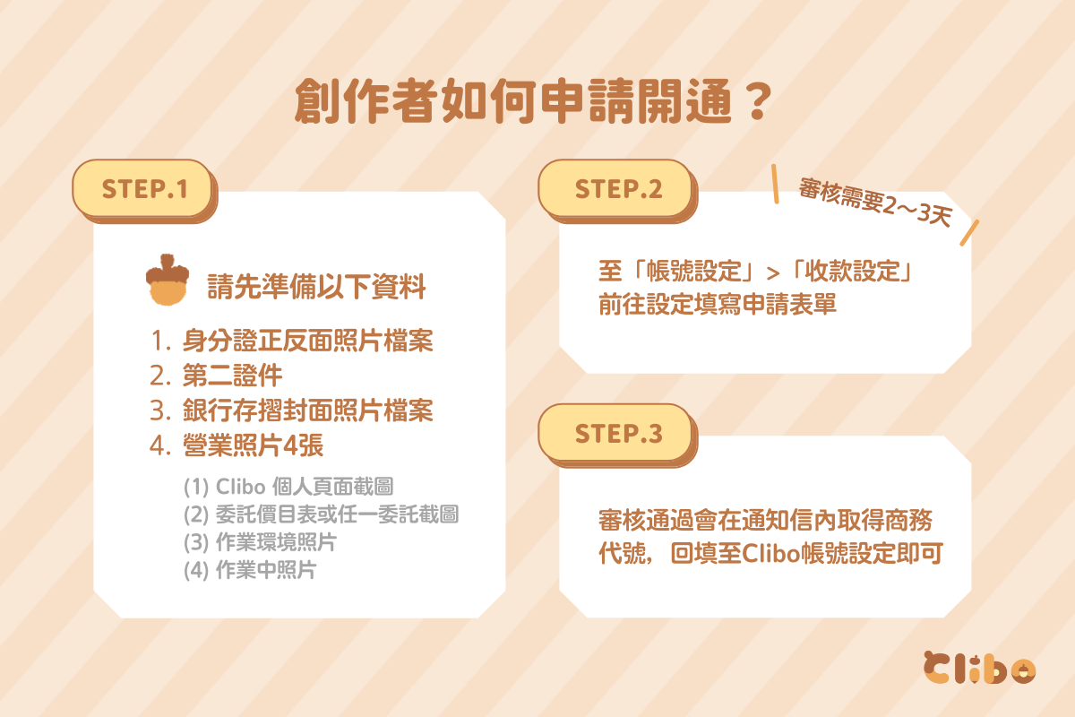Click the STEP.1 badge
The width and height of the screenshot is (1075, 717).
[x=144, y=191]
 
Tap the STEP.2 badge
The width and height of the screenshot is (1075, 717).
[x=617, y=191]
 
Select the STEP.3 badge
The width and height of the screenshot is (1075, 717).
[x=617, y=435]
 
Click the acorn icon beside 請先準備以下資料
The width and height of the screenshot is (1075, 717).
[x=167, y=280]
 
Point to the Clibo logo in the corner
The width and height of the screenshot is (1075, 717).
[x=979, y=668]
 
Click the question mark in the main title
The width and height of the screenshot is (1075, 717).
[x=758, y=102]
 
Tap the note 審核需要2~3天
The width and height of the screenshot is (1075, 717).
[x=874, y=203]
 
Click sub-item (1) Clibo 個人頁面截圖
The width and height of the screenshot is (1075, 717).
[x=288, y=487]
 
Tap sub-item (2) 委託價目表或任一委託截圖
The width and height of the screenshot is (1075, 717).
[x=321, y=514]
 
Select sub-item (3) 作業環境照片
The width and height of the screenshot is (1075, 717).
[x=260, y=542]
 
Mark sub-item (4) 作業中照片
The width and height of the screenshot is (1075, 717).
[x=250, y=570]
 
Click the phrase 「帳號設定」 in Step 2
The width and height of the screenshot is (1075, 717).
[x=694, y=271]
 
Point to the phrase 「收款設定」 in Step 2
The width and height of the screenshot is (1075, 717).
[x=852, y=271]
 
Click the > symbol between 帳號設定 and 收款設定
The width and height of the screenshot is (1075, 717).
[x=773, y=273]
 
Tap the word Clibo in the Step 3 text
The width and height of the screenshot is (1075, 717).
[x=771, y=553]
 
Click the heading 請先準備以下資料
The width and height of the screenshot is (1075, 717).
[x=316, y=287]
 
